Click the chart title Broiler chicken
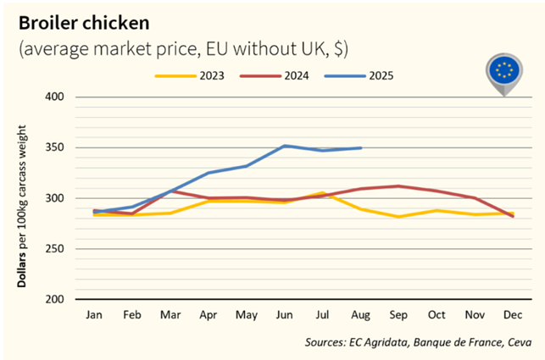click(x=80, y=20)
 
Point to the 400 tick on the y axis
click(x=55, y=97)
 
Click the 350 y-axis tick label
click(x=55, y=147)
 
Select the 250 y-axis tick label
click(x=55, y=249)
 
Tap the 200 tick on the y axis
click(x=55, y=299)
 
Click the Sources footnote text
click(x=419, y=342)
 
